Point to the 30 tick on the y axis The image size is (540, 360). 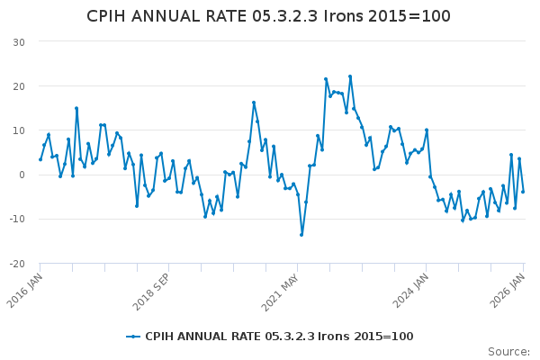point(18,42)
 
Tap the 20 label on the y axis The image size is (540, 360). point(18,86)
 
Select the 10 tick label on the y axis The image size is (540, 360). point(18,130)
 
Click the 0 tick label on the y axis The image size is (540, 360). point(21,175)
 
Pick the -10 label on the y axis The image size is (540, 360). point(16,219)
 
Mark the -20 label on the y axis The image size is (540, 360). point(16,264)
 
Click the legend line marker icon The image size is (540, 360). point(133,337)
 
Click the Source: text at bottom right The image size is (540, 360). point(508,351)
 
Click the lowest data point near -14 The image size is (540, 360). point(301,235)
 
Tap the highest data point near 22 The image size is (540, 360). point(350,76)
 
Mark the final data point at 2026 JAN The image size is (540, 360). point(523,191)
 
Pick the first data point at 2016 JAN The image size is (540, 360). point(40,159)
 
